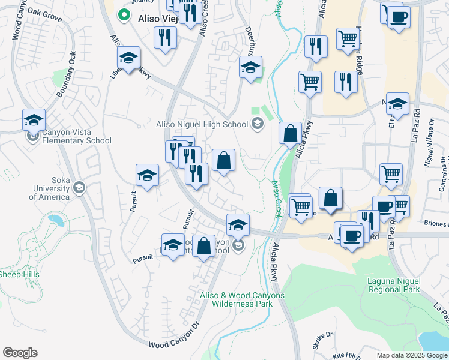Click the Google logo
pyautogui.click(x=20, y=353)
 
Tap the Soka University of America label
pyautogui.click(x=51, y=188)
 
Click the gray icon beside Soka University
pyautogui.click(x=79, y=188)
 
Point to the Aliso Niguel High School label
pyautogui.click(x=202, y=125)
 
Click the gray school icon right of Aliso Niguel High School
pyautogui.click(x=258, y=124)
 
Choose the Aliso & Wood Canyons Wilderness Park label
pyautogui.click(x=243, y=299)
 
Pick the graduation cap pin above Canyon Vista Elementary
pyautogui.click(x=34, y=120)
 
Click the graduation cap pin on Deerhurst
pyautogui.click(x=250, y=67)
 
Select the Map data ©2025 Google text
pyautogui.click(x=412, y=355)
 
